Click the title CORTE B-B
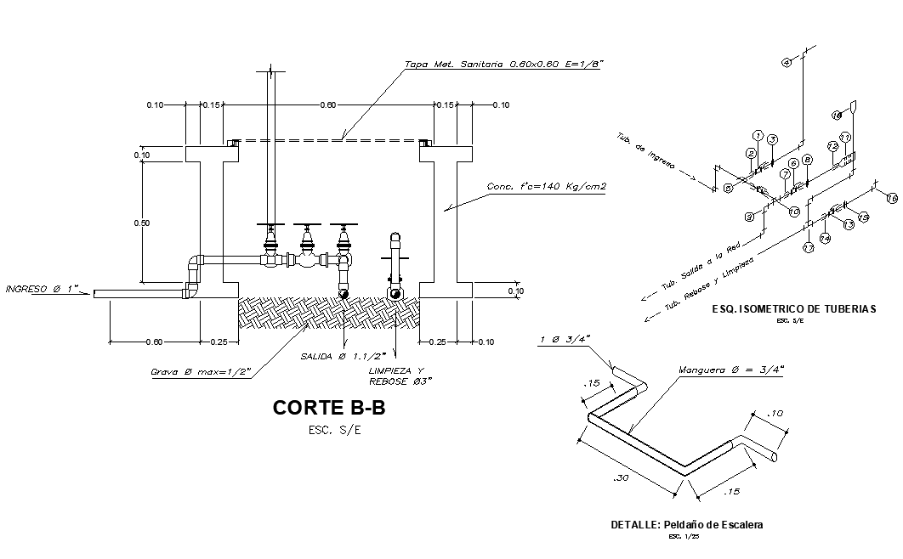point(328,408)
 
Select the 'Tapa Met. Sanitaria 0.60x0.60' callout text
point(503,64)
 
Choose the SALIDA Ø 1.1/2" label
point(344,356)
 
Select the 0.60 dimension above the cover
point(327,104)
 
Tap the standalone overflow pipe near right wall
point(395,263)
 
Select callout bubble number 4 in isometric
point(786,64)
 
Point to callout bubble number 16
point(891,199)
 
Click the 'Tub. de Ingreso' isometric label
point(645,151)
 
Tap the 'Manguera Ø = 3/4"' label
point(730,370)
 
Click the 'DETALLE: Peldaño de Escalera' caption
point(687,525)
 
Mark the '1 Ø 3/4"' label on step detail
point(564,341)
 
